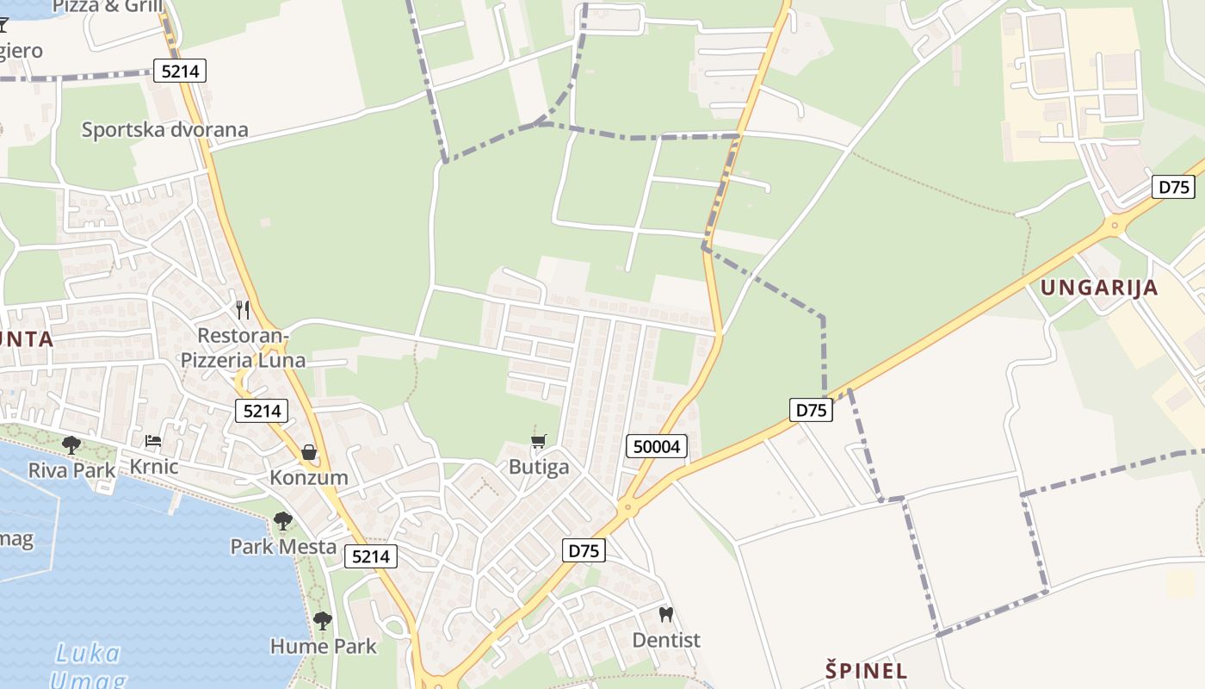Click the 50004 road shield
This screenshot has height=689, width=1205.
click(657, 446)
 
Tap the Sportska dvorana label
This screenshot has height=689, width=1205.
click(164, 130)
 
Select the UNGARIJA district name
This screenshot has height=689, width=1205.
click(1099, 288)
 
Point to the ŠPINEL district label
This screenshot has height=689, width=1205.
click(866, 670)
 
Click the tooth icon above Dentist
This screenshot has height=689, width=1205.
click(665, 615)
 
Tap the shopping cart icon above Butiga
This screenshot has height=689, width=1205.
click(539, 442)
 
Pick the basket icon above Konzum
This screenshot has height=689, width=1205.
click(309, 452)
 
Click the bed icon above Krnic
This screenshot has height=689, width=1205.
click(153, 441)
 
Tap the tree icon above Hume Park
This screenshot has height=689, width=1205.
click(323, 620)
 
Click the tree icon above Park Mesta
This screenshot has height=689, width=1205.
click(282, 520)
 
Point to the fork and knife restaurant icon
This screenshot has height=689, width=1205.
click(243, 309)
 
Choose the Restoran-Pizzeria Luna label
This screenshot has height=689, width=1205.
click(243, 347)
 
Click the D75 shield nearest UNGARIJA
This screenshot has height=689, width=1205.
click(1172, 187)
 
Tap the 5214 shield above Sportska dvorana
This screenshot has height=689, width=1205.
click(180, 71)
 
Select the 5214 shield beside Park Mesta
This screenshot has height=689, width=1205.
click(371, 556)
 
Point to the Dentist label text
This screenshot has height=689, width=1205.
click(666, 640)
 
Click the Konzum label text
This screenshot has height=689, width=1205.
click(309, 477)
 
